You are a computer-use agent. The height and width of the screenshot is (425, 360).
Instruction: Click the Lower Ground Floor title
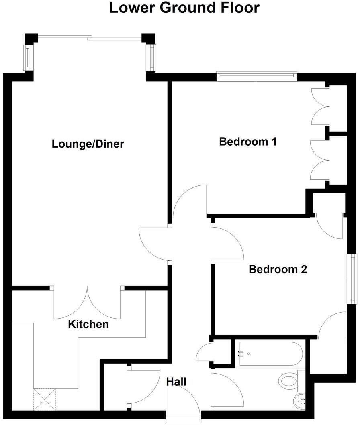click(x=184, y=8)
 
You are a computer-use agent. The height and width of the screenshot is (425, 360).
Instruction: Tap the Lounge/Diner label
click(x=88, y=144)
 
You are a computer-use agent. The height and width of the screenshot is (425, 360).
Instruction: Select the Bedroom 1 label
click(x=248, y=142)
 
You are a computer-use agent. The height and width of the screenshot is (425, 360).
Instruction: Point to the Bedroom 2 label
click(x=278, y=269)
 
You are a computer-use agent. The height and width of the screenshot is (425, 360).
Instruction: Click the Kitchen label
click(x=88, y=324)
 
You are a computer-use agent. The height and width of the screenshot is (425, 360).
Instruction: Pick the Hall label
click(x=177, y=382)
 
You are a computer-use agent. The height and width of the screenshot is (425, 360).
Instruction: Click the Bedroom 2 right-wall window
click(x=353, y=279)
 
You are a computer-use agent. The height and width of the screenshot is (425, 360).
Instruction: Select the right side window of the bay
click(x=152, y=57)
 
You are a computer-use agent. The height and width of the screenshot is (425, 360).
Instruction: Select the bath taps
click(x=241, y=354)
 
